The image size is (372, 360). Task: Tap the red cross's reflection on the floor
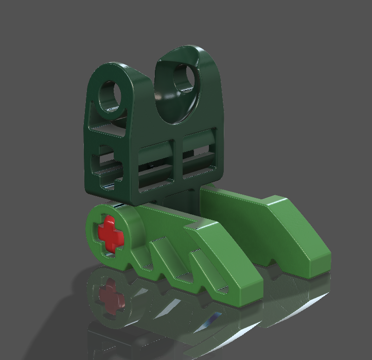(110, 295)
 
